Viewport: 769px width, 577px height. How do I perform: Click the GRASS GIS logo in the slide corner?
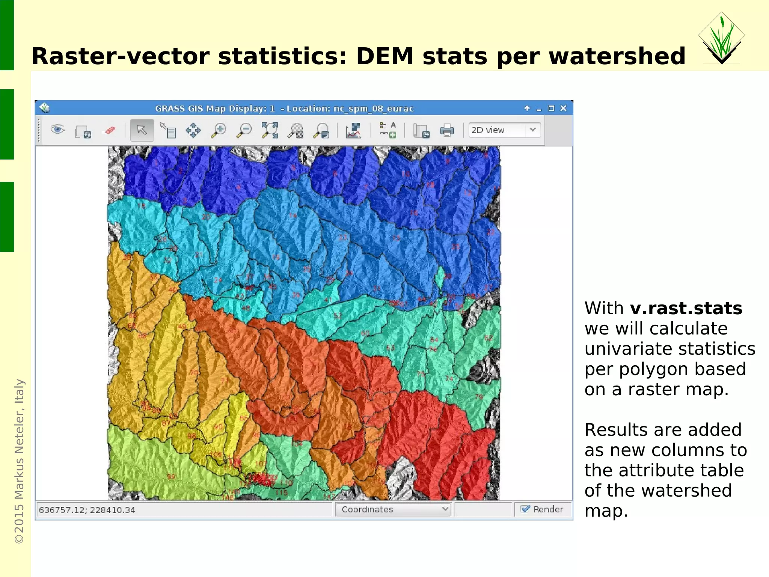[x=721, y=39]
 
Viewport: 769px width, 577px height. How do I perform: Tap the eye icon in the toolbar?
[x=57, y=130]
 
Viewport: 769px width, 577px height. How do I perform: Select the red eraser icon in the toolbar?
[x=110, y=130]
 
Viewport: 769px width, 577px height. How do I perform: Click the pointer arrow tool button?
[x=142, y=130]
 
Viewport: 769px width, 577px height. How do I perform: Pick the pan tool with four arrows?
[x=193, y=130]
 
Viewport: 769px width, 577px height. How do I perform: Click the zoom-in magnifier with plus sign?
[x=219, y=130]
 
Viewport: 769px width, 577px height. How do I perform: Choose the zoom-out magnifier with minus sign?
[x=244, y=130]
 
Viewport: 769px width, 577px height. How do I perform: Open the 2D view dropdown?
[x=504, y=130]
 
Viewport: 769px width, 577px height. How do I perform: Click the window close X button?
[x=563, y=108]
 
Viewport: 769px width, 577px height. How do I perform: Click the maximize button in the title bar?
[x=551, y=108]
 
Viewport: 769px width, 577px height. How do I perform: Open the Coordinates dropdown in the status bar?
[x=393, y=509]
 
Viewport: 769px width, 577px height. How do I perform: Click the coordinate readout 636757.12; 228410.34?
[x=87, y=510]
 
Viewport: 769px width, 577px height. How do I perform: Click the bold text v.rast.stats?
[x=686, y=309]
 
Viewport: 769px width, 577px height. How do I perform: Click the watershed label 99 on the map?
[x=171, y=477]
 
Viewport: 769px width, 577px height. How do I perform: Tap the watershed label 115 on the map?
[x=281, y=493]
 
